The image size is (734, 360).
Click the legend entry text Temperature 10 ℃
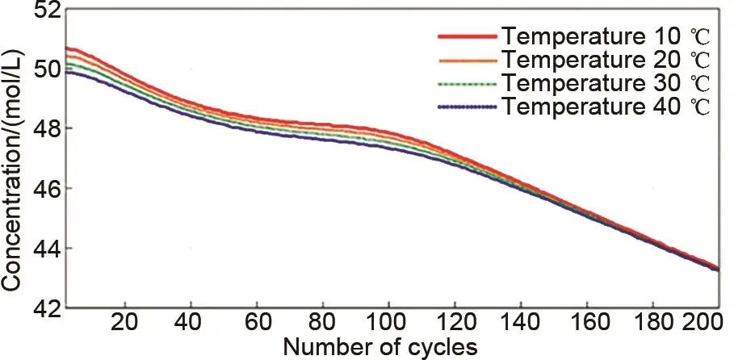tap(605, 36)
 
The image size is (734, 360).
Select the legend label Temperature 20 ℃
tap(605, 60)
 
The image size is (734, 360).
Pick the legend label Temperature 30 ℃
tap(605, 83)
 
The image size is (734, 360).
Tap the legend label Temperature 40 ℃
tap(605, 107)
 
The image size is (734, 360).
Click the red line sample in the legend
tap(466, 36)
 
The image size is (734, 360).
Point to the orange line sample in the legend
tap(466, 60)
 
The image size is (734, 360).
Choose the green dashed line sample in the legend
tap(466, 83)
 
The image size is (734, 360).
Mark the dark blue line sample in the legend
tap(466, 107)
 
